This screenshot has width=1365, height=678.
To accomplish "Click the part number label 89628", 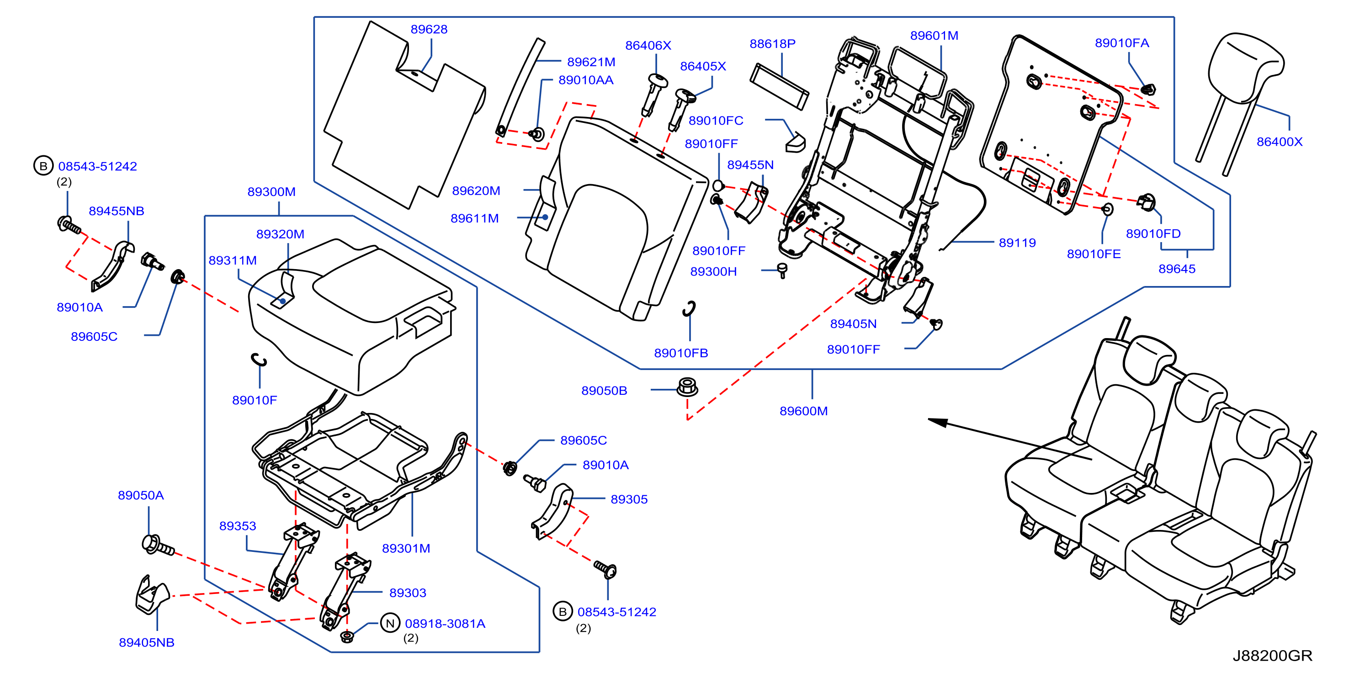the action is pyautogui.click(x=429, y=29).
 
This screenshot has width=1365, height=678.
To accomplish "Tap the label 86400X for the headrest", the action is pyautogui.click(x=1279, y=142).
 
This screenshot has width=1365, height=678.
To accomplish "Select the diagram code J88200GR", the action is pyautogui.click(x=1272, y=656).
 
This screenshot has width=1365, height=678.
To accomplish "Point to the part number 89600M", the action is pyautogui.click(x=803, y=411).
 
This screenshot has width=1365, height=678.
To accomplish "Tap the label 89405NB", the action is pyautogui.click(x=146, y=642).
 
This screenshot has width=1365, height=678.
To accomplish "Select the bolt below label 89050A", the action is pyautogui.click(x=158, y=546).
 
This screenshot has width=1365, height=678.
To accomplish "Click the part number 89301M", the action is pyautogui.click(x=406, y=548).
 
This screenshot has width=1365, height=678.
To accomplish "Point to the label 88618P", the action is pyautogui.click(x=772, y=43).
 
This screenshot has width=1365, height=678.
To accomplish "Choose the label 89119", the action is pyautogui.click(x=1017, y=243).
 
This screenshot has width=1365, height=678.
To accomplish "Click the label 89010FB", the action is pyautogui.click(x=681, y=353).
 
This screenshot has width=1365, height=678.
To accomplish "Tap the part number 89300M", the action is pyautogui.click(x=271, y=192).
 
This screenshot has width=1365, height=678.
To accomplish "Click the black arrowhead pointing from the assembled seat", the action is pyautogui.click(x=938, y=422).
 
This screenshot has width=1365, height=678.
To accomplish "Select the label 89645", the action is pyautogui.click(x=1177, y=269).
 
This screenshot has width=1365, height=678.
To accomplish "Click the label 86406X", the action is pyautogui.click(x=648, y=46).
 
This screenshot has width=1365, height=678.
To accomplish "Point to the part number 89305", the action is pyautogui.click(x=629, y=499).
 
